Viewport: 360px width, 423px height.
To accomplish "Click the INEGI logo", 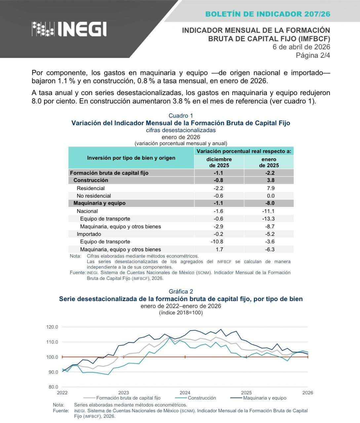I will click(69, 29).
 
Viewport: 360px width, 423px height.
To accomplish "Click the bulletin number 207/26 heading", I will click(267, 14).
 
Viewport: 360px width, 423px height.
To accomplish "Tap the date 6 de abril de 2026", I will click(301, 47).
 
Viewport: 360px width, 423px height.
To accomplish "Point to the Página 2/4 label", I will click(313, 55).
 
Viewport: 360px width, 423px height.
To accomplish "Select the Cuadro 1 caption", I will click(180, 116).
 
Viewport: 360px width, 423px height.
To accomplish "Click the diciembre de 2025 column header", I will click(219, 162).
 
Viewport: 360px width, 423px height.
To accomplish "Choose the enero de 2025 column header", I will click(269, 162).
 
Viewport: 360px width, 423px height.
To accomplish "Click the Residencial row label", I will click(91, 188).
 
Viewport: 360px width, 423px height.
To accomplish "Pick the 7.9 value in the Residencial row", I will click(270, 188).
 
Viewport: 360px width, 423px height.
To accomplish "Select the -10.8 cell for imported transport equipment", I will click(217, 242).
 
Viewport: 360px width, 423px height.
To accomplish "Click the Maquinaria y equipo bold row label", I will click(99, 203).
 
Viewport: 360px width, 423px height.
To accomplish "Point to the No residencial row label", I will click(94, 196).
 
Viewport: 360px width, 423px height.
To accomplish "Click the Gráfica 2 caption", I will click(180, 291).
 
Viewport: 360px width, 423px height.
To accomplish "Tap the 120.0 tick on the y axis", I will click(52, 327).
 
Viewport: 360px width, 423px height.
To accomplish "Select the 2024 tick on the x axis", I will click(185, 393).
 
